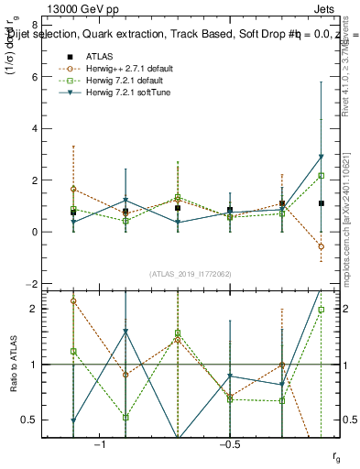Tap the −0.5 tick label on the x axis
pos(228,443)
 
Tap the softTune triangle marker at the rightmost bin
pos(321,157)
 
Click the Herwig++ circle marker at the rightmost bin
pos(321,246)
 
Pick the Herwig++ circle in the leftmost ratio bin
pos(72,300)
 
